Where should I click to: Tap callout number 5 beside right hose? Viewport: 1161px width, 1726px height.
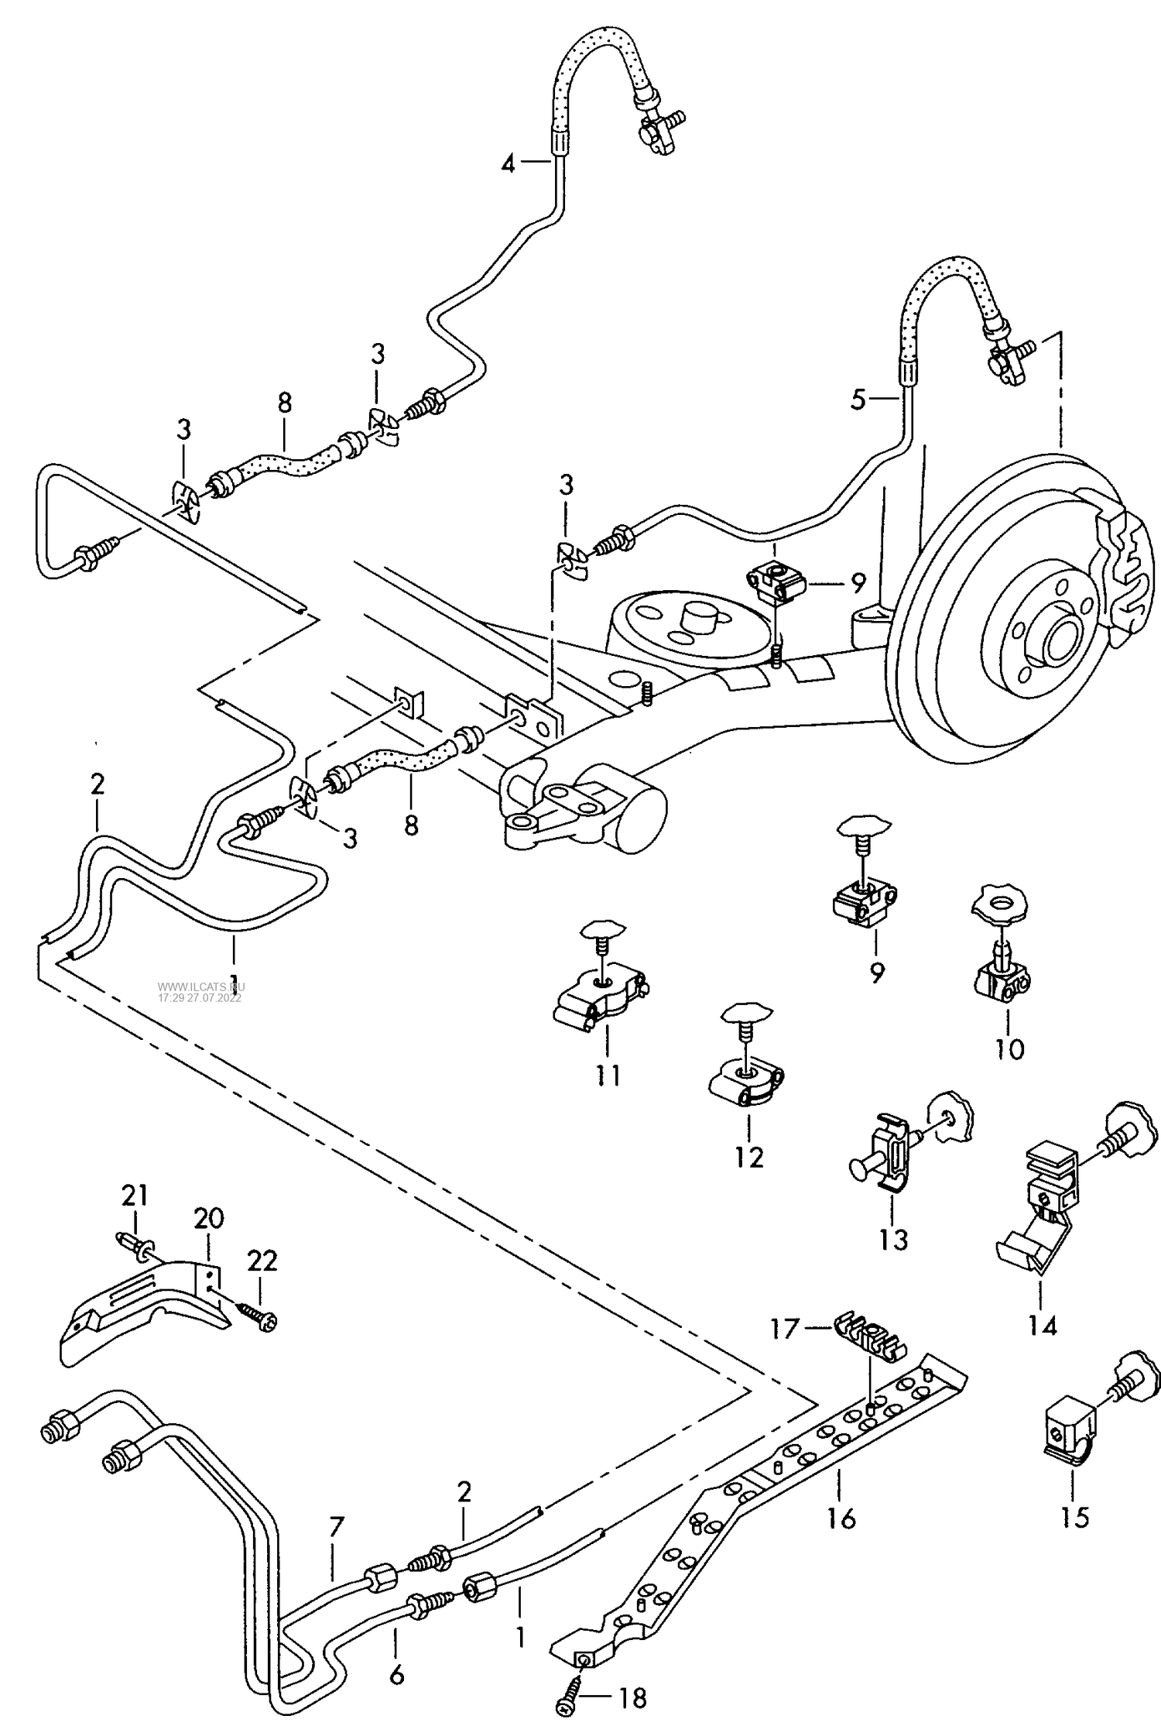(858, 400)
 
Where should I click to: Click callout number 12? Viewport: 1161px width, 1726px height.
(749, 1157)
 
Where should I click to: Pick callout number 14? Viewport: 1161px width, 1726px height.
(1043, 1326)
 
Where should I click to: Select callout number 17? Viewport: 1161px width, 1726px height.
(784, 1329)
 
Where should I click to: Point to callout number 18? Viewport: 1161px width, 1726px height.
(632, 1699)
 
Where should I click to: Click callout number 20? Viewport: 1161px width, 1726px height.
(209, 1218)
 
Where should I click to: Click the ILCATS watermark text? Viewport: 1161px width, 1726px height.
(200, 992)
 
